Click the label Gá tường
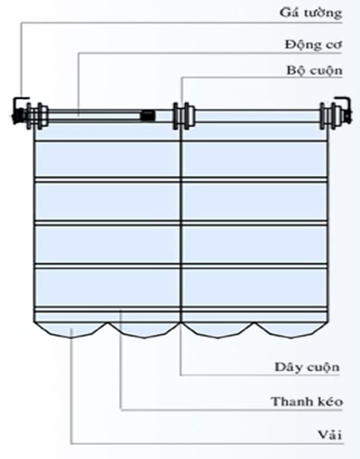click(x=310, y=13)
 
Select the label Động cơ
click(x=313, y=45)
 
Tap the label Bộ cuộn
click(x=314, y=71)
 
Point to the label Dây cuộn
click(x=307, y=367)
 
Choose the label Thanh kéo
click(x=307, y=401)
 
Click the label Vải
click(x=330, y=435)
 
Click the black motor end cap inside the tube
click(x=148, y=115)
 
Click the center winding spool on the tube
click(x=184, y=116)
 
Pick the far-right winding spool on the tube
click(x=328, y=116)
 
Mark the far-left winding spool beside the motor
click(x=37, y=116)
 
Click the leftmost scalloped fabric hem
click(x=71, y=330)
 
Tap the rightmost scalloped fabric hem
click(x=291, y=330)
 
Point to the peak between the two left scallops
click(x=107, y=323)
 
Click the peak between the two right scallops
click(x=255, y=323)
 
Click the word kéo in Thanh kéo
click(x=330, y=401)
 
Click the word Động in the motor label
click(x=298, y=45)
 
